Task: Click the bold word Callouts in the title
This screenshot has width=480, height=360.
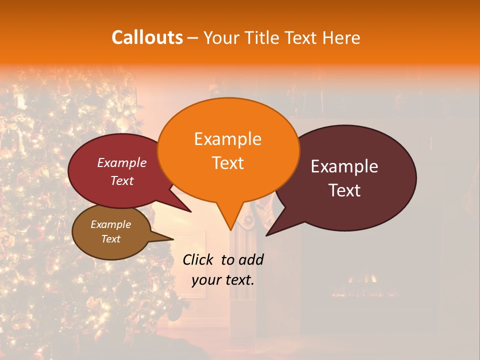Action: coord(147,37)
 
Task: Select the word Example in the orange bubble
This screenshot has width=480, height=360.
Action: coord(227,139)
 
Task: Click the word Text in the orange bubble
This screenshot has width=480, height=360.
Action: coord(227,162)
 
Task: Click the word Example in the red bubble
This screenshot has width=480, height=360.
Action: coord(121,162)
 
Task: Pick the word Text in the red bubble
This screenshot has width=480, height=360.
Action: coord(121,180)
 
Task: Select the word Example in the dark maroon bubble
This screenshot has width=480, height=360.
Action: coord(344,166)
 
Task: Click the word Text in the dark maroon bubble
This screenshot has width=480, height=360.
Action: coord(344,190)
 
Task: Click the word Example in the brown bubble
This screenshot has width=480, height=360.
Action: coord(110,224)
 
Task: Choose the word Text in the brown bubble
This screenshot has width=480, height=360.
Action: coord(110,239)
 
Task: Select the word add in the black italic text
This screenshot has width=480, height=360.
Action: coord(251,259)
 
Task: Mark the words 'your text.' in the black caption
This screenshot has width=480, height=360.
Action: coord(222,280)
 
